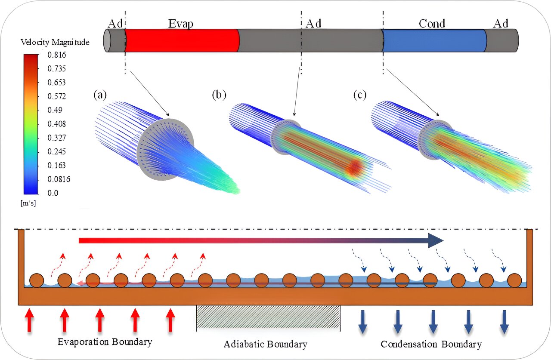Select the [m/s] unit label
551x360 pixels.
click(x=28, y=203)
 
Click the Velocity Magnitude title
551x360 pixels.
click(x=55, y=42)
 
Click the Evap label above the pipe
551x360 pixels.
click(x=180, y=23)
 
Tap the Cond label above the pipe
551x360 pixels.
click(x=432, y=23)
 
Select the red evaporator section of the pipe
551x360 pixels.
click(x=182, y=40)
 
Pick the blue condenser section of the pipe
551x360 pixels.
click(x=434, y=40)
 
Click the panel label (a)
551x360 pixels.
click(x=100, y=95)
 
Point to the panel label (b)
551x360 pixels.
click(x=219, y=95)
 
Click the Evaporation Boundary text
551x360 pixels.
click(x=105, y=342)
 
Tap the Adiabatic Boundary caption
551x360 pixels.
click(x=266, y=344)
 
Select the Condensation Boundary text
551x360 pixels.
click(x=431, y=344)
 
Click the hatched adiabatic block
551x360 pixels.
click(x=268, y=318)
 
